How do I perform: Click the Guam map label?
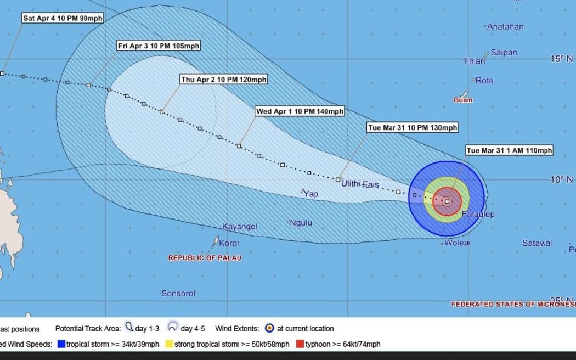tap(463, 100)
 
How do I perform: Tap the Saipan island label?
tap(504, 53)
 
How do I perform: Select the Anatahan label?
tap(505, 26)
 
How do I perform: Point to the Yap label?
tap(311, 194)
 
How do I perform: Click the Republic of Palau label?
tap(205, 257)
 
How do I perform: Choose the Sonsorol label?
tap(178, 294)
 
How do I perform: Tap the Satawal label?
tap(537, 243)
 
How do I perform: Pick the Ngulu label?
tap(301, 223)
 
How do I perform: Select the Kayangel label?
tap(240, 226)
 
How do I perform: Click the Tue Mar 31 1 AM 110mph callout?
tap(509, 150)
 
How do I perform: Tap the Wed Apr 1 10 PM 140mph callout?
tap(300, 111)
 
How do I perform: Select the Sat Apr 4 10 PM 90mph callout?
tap(63, 18)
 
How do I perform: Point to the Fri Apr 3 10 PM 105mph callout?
tap(159, 46)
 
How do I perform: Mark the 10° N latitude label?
tap(561, 179)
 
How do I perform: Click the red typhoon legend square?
tap(299, 344)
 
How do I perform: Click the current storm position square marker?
tap(447, 201)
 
